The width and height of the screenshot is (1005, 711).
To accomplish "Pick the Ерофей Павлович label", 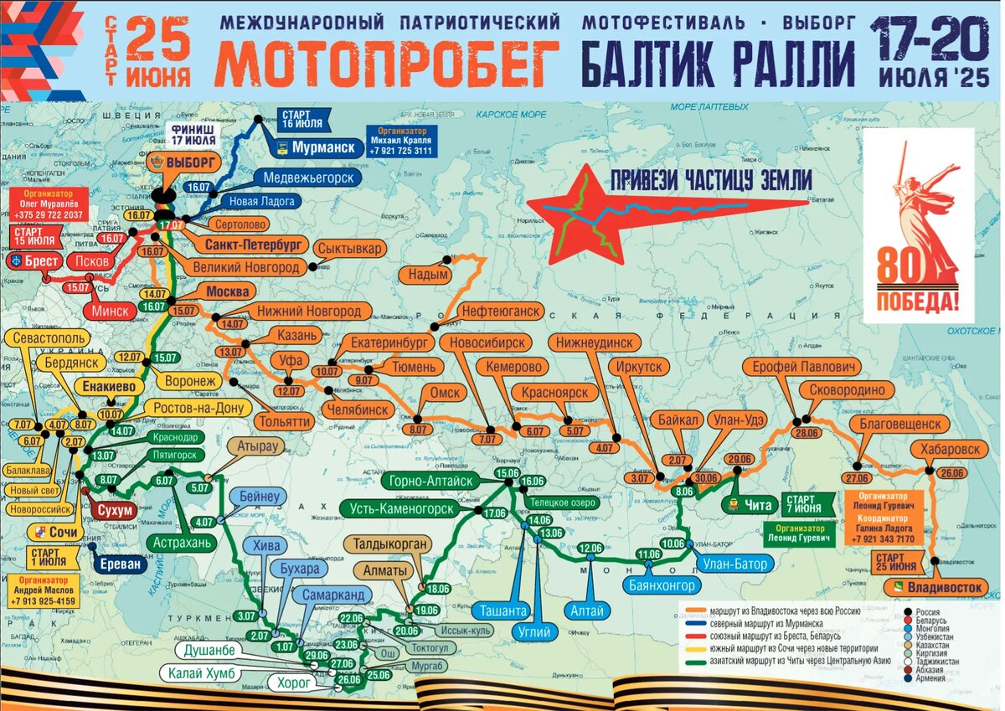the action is [x=801, y=368].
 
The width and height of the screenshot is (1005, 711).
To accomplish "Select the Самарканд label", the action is [x=333, y=594].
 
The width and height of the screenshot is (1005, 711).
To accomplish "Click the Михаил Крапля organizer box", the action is [x=405, y=141].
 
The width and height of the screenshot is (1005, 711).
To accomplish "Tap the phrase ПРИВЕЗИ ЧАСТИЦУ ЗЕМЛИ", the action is [x=711, y=179].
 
